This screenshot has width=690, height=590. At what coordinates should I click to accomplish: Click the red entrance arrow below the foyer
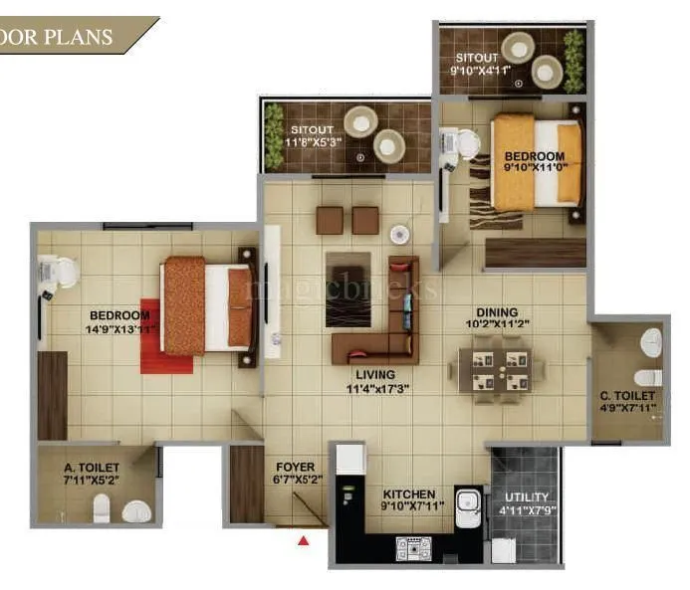coord(305,540)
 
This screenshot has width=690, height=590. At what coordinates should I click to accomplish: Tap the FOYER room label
coord(295,467)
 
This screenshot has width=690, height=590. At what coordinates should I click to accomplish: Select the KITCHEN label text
coord(409,493)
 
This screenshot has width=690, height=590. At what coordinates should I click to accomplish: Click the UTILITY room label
coord(526,496)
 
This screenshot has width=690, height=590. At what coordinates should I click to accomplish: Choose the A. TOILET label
coord(92,467)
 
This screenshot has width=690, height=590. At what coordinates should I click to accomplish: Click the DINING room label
coord(496,311)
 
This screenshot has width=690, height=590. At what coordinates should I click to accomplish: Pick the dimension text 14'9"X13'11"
coord(122,329)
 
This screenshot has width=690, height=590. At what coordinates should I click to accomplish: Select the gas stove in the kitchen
coord(412,545)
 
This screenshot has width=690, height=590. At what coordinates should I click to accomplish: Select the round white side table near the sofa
coord(399,236)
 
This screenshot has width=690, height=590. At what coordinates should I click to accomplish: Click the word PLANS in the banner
coord(83,39)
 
